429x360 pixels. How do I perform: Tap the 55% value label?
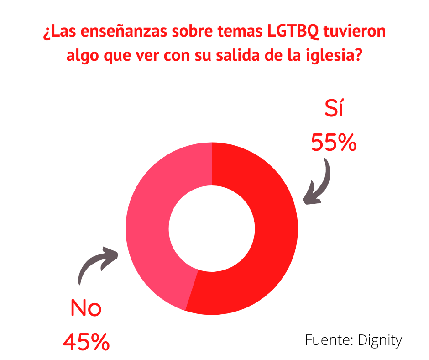point(334,143)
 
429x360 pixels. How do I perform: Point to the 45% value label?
point(86,341)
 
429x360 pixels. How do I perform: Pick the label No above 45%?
point(86,309)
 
